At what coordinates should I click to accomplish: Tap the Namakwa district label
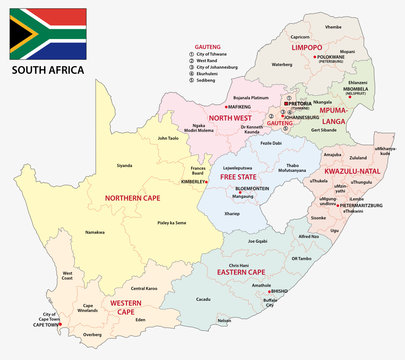click(x=95, y=230)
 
